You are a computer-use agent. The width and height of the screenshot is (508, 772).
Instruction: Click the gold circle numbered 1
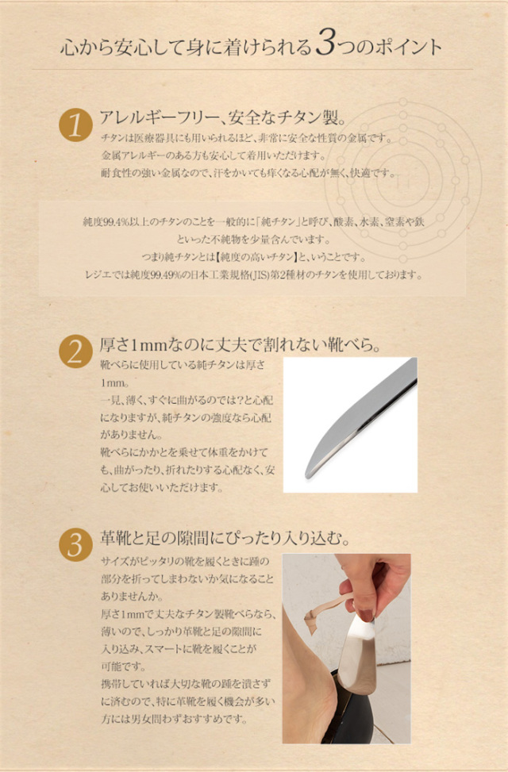pos(75,125)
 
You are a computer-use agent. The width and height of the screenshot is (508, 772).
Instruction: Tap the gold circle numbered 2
pos(75,351)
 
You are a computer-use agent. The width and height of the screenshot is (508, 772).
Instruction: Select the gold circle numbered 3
pos(75,544)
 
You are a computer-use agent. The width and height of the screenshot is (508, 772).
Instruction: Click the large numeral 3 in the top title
pos(325,43)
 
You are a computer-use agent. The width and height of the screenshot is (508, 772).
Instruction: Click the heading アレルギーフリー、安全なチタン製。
pos(223,117)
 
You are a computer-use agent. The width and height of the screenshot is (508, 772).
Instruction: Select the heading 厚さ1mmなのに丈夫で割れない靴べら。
pos(240,344)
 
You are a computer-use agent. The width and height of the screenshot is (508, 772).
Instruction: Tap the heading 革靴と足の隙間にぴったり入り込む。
pos(225,538)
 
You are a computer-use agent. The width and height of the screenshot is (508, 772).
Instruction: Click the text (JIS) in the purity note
pos(258,275)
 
